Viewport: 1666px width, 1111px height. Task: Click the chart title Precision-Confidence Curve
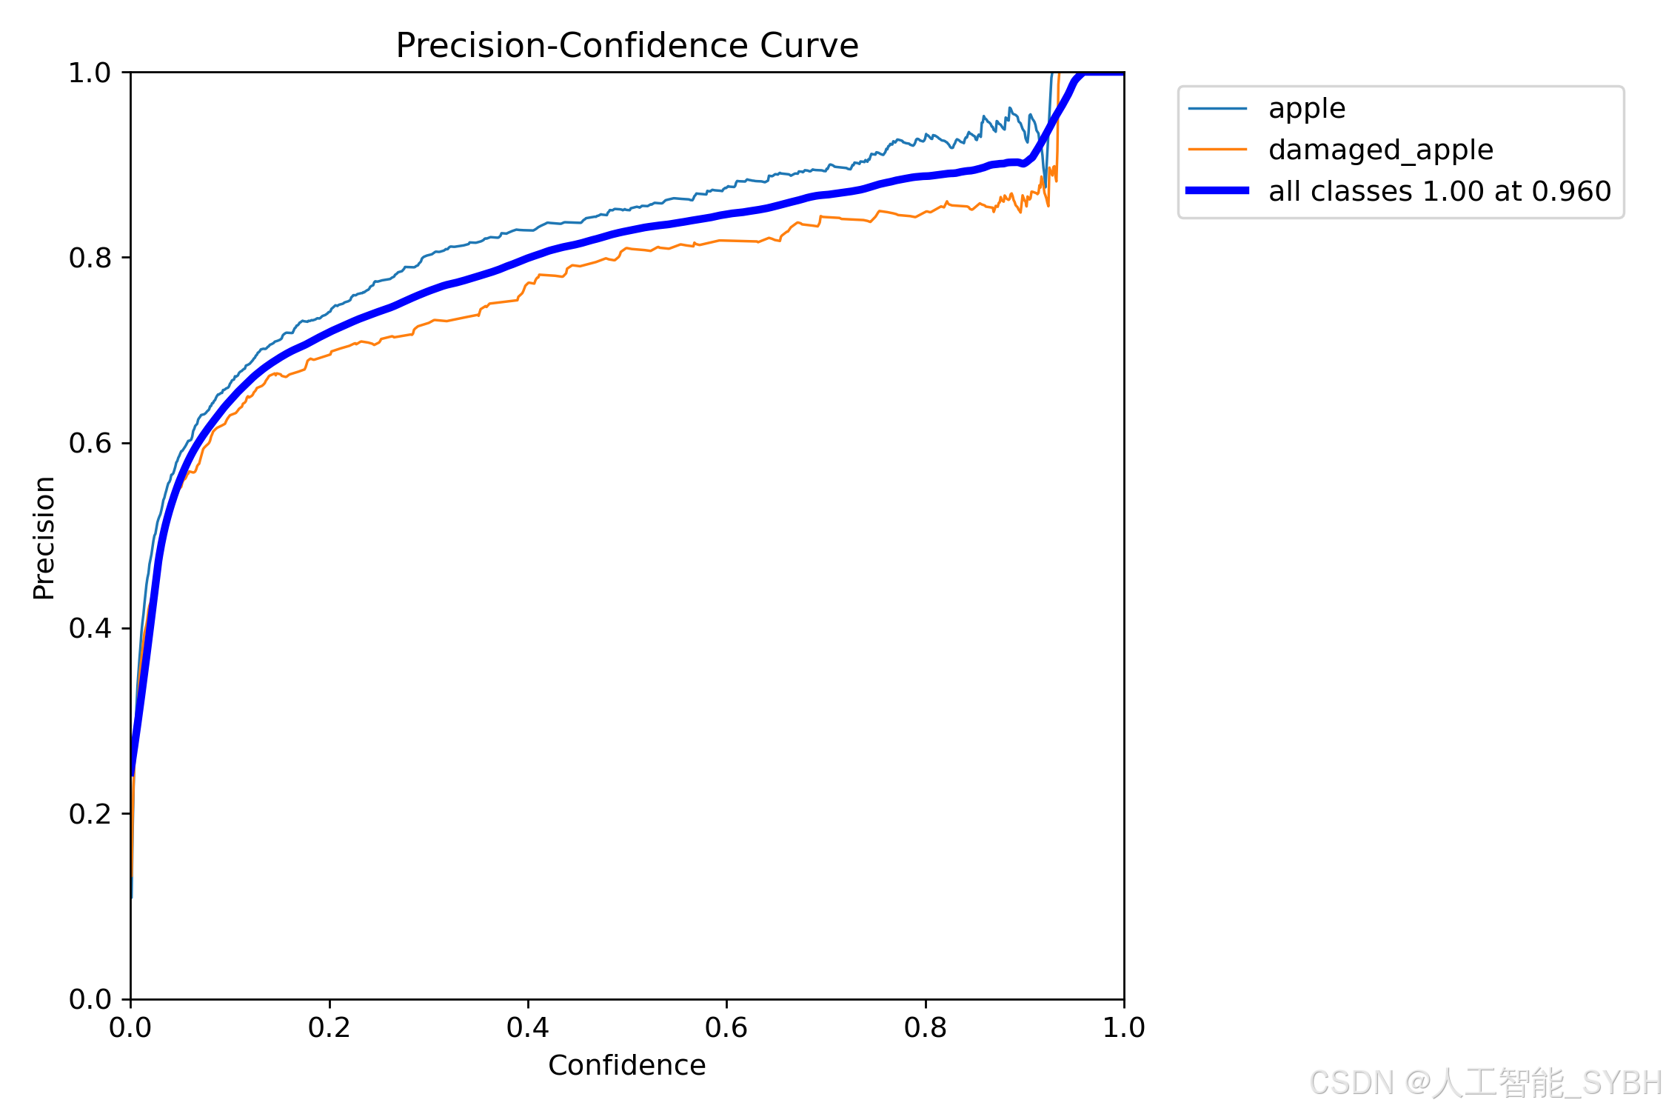[627, 46]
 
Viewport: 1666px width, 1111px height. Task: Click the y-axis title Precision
[44, 538]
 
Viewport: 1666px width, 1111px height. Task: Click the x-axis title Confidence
[627, 1065]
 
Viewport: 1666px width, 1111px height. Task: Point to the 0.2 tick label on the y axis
[90, 814]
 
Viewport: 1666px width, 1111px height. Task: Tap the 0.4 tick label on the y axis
[90, 629]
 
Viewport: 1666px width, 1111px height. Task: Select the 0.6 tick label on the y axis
[90, 444]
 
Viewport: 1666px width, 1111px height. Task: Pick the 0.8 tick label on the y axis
[90, 258]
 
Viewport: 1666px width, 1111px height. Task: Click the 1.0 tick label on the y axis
[90, 73]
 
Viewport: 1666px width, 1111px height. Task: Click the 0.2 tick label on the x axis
[329, 1027]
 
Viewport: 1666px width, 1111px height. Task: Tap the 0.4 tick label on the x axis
[528, 1027]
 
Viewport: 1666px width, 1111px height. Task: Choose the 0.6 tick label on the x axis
[726, 1027]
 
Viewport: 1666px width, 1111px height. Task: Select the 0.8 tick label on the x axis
[926, 1027]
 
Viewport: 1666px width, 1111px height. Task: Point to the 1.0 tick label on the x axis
[1124, 1027]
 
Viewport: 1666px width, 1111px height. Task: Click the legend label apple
[1307, 109]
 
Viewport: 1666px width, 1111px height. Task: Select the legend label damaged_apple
[1381, 150]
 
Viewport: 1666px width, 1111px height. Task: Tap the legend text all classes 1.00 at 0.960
[1439, 191]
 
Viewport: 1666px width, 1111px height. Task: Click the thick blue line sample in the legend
[1217, 191]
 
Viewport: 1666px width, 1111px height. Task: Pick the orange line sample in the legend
[1217, 150]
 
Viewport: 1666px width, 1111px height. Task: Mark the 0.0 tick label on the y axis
[90, 1000]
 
